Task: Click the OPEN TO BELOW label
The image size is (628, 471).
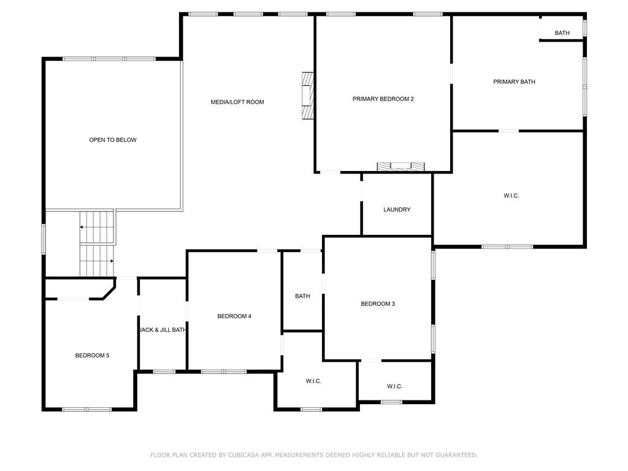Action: [x=113, y=140]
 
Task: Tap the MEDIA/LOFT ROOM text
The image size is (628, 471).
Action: [x=237, y=102]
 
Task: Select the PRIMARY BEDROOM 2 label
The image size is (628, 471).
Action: [x=383, y=99]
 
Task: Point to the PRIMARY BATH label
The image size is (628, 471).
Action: [x=514, y=82]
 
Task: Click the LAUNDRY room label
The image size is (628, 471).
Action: [x=397, y=210]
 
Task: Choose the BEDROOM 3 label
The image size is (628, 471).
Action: [x=377, y=304]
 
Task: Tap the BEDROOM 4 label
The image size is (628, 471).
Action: [x=234, y=316]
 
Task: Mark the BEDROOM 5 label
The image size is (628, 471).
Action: [x=92, y=355]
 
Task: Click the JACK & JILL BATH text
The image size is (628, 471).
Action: [x=163, y=330]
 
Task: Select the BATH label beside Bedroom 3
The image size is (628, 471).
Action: [x=302, y=296]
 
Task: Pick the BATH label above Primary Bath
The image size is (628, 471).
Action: [x=562, y=33]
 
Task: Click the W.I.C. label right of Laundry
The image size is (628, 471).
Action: [x=511, y=196]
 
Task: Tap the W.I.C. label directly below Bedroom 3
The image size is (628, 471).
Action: [x=394, y=386]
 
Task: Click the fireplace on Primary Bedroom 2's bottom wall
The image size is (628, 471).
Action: [x=400, y=166]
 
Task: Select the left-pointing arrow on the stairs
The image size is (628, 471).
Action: [x=82, y=228]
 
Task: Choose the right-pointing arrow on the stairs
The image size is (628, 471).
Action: [x=112, y=261]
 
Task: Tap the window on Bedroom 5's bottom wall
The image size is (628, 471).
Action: [x=86, y=409]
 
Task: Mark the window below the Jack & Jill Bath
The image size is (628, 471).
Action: [x=163, y=371]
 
